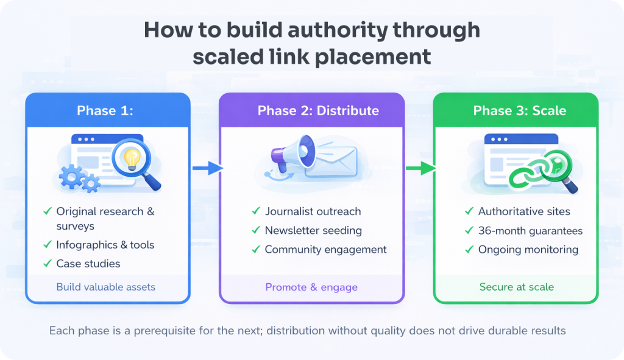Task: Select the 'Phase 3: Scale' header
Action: (x=519, y=110)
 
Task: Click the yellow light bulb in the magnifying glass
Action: (x=133, y=158)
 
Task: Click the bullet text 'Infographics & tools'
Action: (x=105, y=245)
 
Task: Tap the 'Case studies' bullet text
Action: (x=88, y=264)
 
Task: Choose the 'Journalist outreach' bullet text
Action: (x=313, y=211)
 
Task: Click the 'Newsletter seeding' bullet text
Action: (x=313, y=230)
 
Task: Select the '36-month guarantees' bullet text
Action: (x=530, y=231)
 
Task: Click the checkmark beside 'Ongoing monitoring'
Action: (x=469, y=249)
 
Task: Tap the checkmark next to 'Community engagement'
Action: (x=256, y=249)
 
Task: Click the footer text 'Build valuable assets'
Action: (x=105, y=287)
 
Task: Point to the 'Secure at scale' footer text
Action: (x=516, y=287)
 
